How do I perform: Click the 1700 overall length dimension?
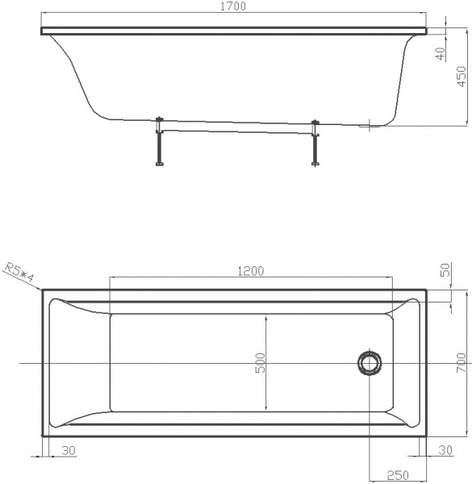point(233,6)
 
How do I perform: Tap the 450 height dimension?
point(462,77)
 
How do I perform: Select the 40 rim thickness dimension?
point(442,53)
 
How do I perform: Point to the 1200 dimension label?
point(251,271)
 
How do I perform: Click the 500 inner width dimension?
point(261,363)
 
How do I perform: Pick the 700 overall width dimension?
point(461,363)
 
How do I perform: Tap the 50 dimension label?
point(446,269)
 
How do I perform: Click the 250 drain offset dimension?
point(398,475)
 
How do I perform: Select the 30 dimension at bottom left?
point(69,451)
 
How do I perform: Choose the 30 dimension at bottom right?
point(445,450)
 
